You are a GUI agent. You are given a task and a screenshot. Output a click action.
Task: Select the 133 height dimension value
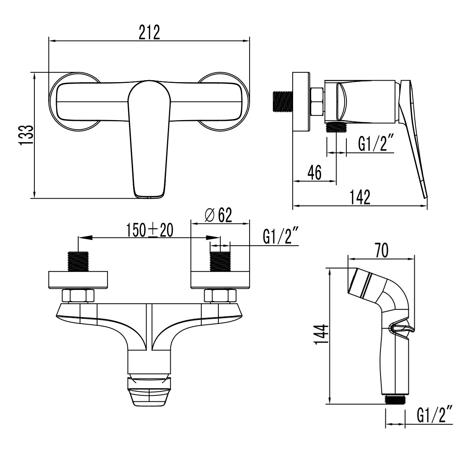[x=26, y=135]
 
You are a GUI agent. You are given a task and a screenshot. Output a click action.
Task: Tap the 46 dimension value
[x=314, y=173]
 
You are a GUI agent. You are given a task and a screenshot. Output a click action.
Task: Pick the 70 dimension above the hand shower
[x=381, y=250]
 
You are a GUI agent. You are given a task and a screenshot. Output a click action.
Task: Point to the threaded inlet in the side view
[x=283, y=101]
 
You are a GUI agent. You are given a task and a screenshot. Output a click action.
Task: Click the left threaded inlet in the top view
[x=79, y=261]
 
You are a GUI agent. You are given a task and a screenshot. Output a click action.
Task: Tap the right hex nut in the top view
[x=220, y=295]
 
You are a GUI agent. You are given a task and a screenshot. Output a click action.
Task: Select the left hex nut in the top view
[x=78, y=295]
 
